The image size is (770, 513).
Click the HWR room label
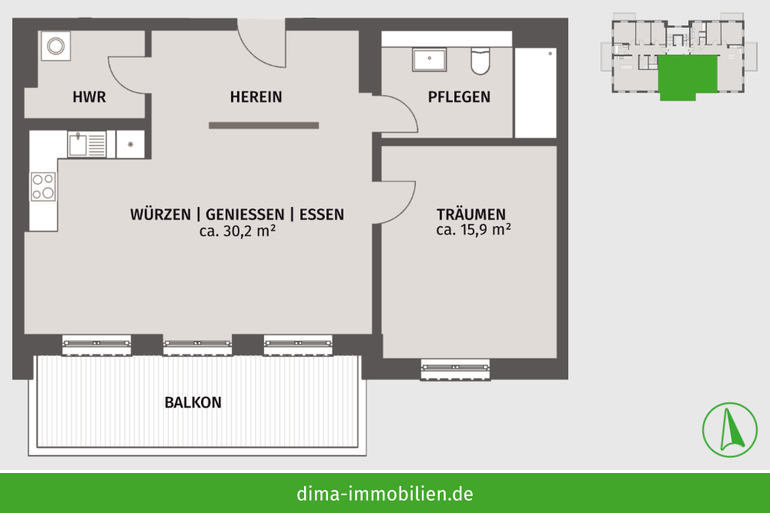coord(89,97)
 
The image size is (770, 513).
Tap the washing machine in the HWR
coord(55,46)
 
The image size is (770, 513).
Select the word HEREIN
coord(256,97)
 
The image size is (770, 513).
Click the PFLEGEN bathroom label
coord(459,97)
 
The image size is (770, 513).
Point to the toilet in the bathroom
coord(480,61)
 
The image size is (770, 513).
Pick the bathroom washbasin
coord(429,59)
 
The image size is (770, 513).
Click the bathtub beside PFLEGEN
coord(535,93)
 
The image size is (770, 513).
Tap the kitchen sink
coord(87,144)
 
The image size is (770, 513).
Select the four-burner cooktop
coord(43,186)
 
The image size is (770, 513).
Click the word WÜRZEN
coord(161,215)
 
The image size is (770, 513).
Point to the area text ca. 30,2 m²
coord(237,231)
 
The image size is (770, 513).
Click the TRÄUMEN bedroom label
coord(471,215)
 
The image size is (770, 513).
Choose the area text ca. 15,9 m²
coord(474,229)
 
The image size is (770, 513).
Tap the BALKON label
coord(193,403)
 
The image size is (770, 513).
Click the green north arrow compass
coord(730,430)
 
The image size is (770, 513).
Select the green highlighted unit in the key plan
coord(687,76)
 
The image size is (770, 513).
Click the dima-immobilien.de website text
coord(385,494)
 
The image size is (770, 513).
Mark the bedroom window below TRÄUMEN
coord(455,369)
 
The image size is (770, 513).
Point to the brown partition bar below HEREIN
coord(263,125)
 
